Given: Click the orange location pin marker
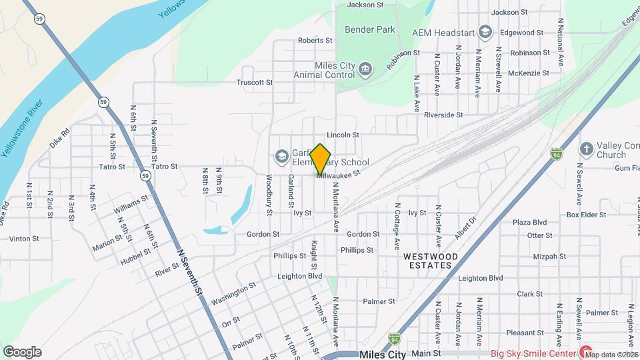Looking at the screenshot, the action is [321, 159].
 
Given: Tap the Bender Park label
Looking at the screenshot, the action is [369, 29].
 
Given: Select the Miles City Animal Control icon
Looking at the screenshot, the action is [365, 69].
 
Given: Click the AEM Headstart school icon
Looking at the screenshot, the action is [485, 31].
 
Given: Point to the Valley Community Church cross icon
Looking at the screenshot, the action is [586, 149].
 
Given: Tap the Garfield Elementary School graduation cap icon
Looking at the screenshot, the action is [281, 157].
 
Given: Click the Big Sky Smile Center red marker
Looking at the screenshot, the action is [586, 352].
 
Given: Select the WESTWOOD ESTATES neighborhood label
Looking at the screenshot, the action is [431, 261].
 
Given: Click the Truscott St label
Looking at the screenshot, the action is [255, 83].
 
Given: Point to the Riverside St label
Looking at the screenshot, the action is [443, 115].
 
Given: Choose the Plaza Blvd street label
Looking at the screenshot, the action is [529, 222].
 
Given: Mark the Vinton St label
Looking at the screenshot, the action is [24, 238].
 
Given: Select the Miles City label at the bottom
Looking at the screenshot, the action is [382, 355].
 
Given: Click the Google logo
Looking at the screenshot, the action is [22, 352].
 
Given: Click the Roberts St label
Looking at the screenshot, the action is [315, 41].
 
